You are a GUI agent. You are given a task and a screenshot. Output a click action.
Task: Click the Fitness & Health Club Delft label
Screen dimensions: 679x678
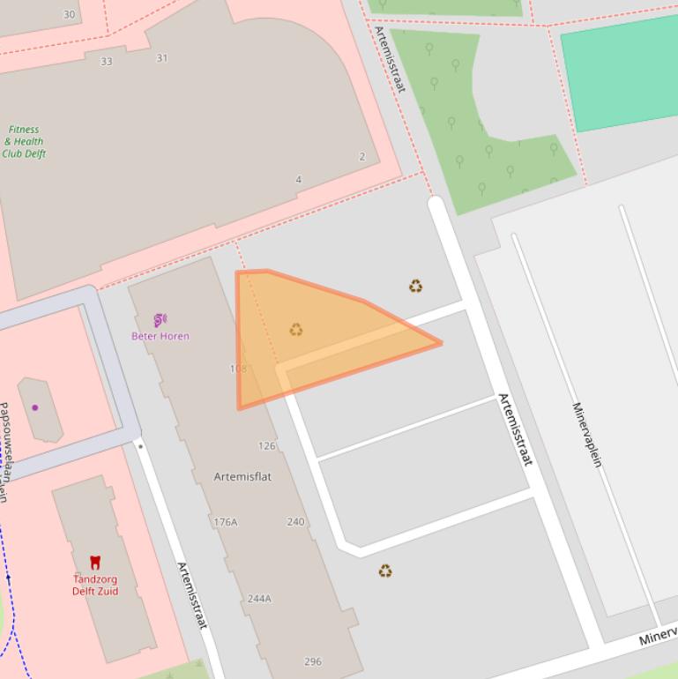coord(24,141)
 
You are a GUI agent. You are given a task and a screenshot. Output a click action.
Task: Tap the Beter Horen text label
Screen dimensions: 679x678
coord(160,336)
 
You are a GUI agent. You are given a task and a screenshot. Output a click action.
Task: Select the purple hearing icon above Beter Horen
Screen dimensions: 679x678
coord(160,320)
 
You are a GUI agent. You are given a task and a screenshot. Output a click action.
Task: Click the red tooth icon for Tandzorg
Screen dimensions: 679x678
coord(95,562)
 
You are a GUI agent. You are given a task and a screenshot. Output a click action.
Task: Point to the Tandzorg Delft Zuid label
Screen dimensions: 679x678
coord(95,585)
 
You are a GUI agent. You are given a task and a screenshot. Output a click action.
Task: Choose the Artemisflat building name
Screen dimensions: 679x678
coord(242,477)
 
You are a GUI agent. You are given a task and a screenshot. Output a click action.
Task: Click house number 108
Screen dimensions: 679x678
coord(238,369)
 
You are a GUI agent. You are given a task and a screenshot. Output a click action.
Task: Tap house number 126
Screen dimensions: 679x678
coord(266,446)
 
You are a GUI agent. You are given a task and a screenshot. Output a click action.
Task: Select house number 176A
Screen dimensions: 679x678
coord(225,522)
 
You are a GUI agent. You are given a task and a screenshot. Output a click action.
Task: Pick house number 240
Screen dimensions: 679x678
coord(295,522)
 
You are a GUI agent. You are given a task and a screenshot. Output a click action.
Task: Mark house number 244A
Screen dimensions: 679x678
coord(259,599)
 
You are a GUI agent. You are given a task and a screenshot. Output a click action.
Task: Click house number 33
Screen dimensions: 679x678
coord(107,62)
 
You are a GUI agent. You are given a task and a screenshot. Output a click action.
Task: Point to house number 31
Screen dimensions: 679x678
coord(162,58)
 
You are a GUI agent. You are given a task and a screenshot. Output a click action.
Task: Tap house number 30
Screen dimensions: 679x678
coord(70,15)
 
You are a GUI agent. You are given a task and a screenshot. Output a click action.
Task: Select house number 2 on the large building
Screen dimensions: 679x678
coord(361,157)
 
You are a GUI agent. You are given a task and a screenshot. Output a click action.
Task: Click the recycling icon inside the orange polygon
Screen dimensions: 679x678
coord(296,330)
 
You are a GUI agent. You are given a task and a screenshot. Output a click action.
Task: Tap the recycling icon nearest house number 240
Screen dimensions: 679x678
coord(385,571)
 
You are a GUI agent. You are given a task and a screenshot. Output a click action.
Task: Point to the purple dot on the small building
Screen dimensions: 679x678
coord(35,407)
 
